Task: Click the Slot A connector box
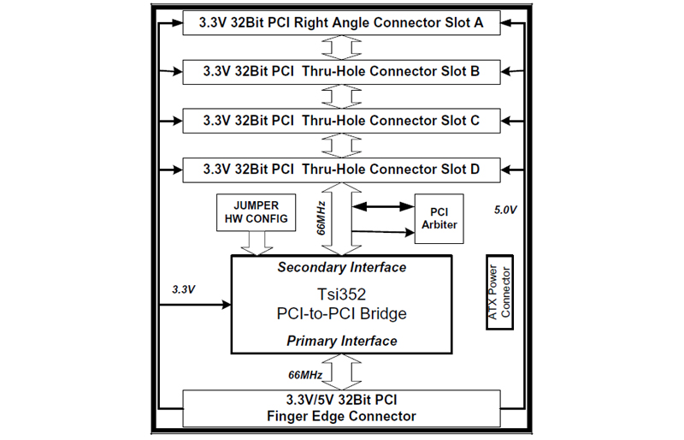coord(341,23)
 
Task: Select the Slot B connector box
coord(341,72)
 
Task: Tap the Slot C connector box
coord(341,121)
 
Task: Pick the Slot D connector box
coord(341,169)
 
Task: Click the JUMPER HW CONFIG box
coord(256,212)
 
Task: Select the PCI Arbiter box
coord(439,218)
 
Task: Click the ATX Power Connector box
coord(499,292)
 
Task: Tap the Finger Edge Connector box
coord(341,408)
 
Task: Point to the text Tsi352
coord(341,294)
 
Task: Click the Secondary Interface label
coord(341,267)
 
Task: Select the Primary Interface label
coord(341,341)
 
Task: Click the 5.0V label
coord(505,211)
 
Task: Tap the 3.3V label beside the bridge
coord(183,289)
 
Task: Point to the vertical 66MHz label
coord(321,218)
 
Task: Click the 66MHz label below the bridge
coord(305,375)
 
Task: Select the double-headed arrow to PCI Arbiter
coord(383,206)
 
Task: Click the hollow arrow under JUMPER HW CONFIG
coord(256,243)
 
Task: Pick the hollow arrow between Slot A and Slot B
coord(341,48)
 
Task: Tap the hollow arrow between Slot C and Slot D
coord(341,146)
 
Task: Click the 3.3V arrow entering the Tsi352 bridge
coord(195,305)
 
